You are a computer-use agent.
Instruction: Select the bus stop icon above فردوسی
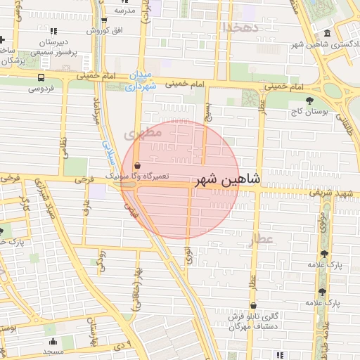[41, 78]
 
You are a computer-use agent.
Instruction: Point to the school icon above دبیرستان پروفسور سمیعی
[53, 31]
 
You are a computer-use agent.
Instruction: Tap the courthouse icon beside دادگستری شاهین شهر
[327, 34]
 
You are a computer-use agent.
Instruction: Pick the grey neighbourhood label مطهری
[143, 132]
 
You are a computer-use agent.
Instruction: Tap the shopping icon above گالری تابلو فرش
[253, 306]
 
